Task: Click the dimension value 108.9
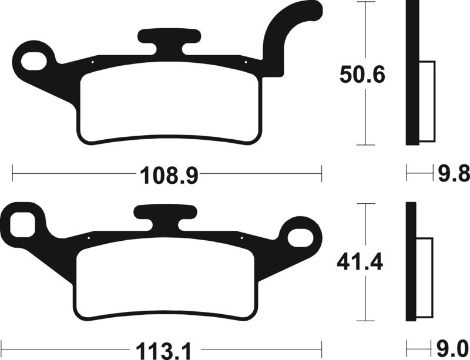coord(166,174)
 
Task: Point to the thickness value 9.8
coord(454,174)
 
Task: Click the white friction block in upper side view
coord(426,102)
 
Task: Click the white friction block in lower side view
coord(425,280)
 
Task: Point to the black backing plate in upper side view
coord(411,73)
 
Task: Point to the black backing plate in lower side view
coord(411,264)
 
